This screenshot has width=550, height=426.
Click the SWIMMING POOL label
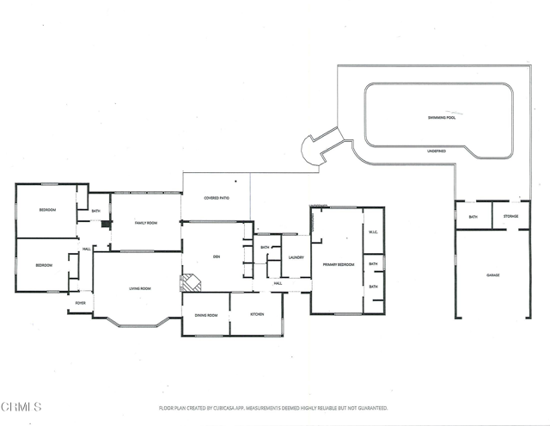click(x=441, y=117)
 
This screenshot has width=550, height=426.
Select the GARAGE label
click(x=492, y=275)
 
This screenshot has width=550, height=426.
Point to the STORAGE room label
click(x=510, y=217)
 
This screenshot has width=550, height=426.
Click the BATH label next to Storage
click(x=473, y=217)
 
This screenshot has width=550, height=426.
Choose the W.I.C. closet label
click(x=373, y=232)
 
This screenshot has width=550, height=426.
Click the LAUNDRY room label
click(x=297, y=257)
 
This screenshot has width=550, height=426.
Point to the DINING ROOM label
click(x=205, y=316)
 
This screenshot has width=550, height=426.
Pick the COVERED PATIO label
click(x=216, y=198)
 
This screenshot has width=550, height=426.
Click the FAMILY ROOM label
click(x=146, y=223)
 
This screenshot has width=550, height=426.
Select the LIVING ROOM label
click(x=139, y=288)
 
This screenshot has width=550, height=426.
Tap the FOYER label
click(x=81, y=303)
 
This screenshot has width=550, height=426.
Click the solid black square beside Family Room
click(x=105, y=225)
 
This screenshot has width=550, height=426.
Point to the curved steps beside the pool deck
click(x=320, y=148)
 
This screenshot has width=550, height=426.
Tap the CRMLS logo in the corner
click(x=21, y=406)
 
